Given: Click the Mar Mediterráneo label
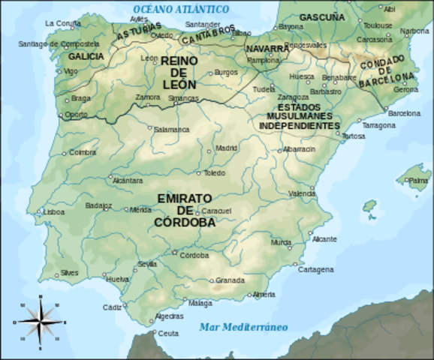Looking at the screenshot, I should (243, 327).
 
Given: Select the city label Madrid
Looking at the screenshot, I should (226, 148).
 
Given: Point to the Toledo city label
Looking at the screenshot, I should (214, 173).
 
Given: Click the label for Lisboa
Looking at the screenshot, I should (53, 212).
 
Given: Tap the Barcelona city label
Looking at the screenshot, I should (405, 113).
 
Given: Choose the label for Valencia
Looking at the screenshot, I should (302, 193).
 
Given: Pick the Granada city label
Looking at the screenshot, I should (230, 280).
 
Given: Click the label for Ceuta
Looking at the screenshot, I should (169, 333).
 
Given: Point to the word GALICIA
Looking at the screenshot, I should (86, 56).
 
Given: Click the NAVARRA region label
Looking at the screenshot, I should (266, 49).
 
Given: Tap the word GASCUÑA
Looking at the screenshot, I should (322, 16).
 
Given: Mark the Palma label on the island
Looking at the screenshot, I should (417, 181).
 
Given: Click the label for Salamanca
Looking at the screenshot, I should (171, 129).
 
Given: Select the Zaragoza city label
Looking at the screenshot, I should (292, 97).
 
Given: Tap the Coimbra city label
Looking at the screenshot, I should (83, 152).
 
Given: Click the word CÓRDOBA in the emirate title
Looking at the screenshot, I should (185, 222).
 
